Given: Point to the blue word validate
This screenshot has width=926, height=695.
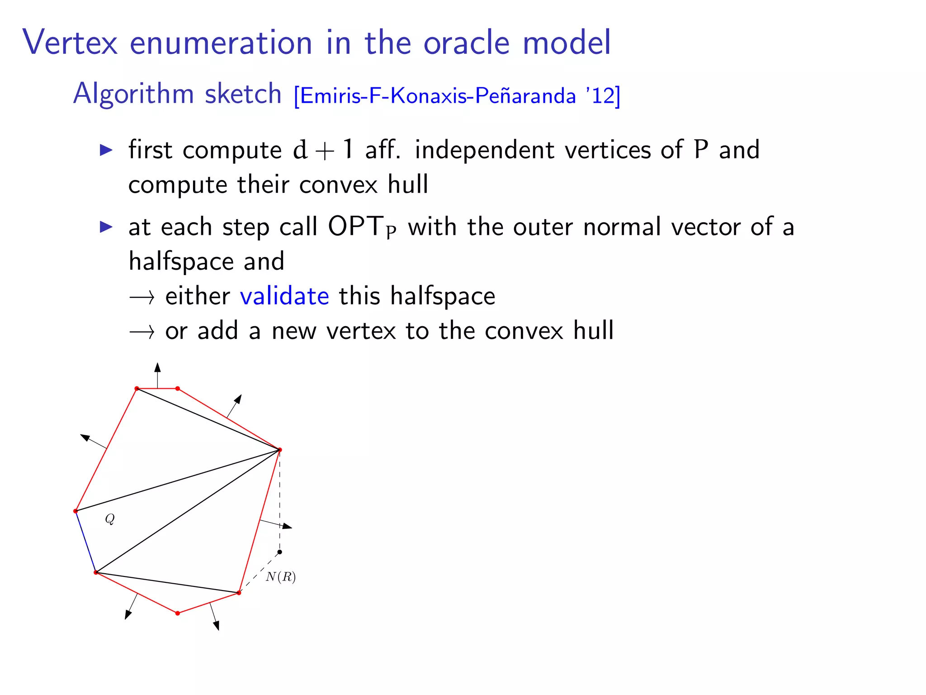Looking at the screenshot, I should point(284,296).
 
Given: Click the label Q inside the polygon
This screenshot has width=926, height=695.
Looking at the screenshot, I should point(110,519).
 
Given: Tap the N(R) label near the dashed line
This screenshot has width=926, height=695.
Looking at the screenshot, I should point(281,577).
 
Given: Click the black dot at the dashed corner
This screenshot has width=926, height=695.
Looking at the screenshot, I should point(280,552).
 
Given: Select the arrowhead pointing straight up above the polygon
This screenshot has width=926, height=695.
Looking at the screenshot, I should point(157,367).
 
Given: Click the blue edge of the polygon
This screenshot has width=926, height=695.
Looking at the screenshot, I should point(85,542).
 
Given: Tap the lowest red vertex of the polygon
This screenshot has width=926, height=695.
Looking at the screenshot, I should point(178,613).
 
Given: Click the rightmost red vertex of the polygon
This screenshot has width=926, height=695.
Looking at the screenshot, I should point(280,450).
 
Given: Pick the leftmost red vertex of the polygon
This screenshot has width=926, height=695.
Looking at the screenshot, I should point(76,511).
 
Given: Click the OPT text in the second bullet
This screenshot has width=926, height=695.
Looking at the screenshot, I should point(355,227).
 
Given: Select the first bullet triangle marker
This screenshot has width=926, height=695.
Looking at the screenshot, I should point(106,150).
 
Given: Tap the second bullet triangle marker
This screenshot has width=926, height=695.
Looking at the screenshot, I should point(106,227).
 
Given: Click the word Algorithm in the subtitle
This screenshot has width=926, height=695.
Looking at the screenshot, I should point(133,94).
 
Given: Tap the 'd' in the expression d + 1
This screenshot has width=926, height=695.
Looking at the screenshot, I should point(300,150).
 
